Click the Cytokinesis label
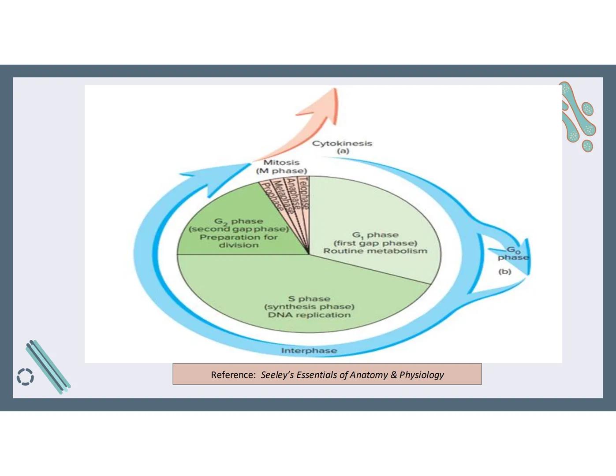342,143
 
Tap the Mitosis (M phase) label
281,167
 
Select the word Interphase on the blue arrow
309,350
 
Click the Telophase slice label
304,192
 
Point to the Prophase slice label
273,197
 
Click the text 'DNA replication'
309,315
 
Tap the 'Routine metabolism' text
375,251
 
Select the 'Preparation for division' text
239,241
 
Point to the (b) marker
505,271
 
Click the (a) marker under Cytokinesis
343,151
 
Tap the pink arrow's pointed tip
335,90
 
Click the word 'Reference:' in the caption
233,375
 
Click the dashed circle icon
25,377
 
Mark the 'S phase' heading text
309,299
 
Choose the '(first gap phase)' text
375,243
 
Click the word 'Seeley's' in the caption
277,375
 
